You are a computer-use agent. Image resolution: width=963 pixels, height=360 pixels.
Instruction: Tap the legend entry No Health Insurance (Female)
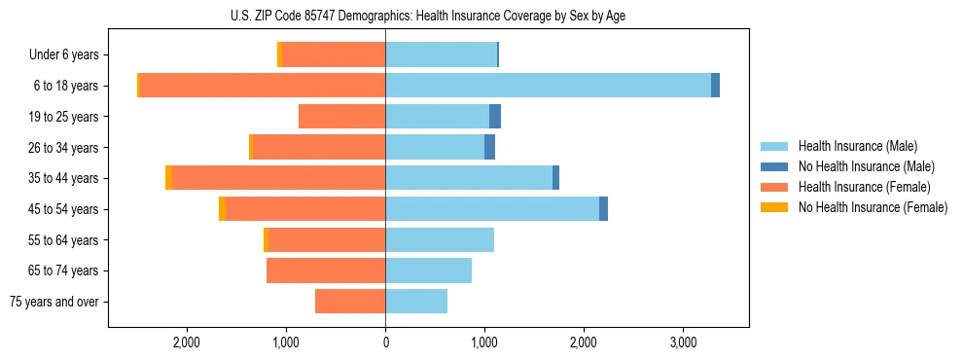click(873, 207)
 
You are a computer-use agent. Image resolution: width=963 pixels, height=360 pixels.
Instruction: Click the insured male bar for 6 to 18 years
click(548, 86)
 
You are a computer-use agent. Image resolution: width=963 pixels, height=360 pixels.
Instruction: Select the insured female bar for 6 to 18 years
click(263, 86)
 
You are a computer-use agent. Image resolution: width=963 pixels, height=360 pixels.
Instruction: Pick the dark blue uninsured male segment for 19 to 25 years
click(495, 117)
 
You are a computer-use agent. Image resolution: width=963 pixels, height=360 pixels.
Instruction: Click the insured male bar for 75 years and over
click(416, 302)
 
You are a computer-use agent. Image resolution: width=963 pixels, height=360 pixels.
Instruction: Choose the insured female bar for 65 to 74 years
click(326, 270)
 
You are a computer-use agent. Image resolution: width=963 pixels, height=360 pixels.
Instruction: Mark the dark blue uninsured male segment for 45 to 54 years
click(603, 209)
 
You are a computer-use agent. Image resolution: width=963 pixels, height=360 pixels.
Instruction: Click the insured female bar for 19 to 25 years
click(341, 117)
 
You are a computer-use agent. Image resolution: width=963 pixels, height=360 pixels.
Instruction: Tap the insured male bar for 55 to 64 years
click(440, 239)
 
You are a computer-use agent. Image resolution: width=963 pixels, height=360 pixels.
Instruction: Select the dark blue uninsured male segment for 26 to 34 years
click(489, 147)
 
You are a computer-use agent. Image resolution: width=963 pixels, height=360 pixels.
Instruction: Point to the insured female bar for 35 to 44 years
click(279, 178)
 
